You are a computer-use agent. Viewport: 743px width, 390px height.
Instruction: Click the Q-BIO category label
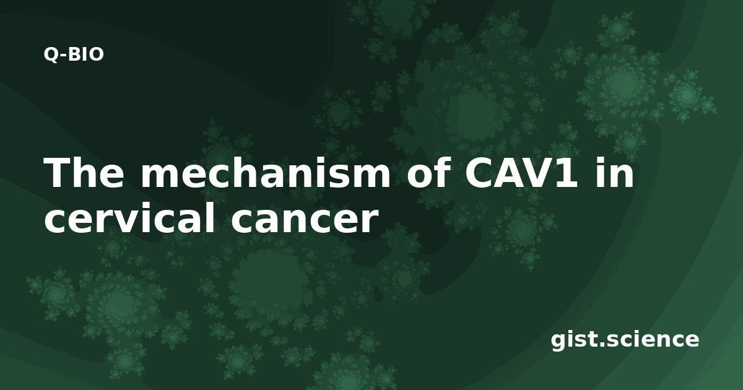point(74,54)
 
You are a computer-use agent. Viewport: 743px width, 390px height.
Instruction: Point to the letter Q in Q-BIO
point(51,55)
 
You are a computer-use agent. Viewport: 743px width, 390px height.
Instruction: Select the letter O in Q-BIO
point(97,54)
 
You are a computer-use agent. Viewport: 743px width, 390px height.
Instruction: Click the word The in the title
point(84,173)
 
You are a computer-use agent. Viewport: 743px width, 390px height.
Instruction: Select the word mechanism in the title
point(266,173)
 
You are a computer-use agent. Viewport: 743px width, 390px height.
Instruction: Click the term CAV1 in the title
point(520,173)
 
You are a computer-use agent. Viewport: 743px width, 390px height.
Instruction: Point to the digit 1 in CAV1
point(565,173)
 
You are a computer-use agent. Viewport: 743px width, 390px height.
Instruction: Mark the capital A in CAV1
point(511,173)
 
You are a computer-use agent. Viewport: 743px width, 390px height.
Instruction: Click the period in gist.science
point(601,344)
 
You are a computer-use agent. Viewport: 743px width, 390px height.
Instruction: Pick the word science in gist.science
point(652,339)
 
